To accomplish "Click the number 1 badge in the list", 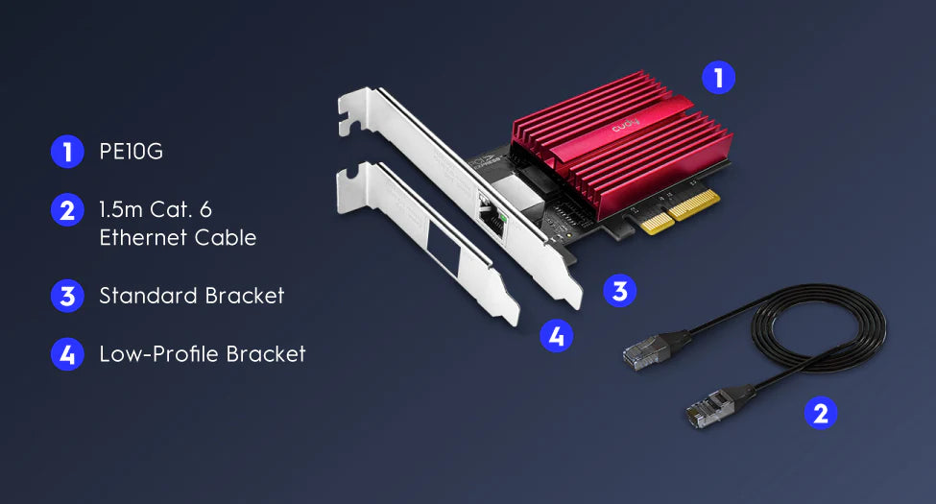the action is [x=67, y=152].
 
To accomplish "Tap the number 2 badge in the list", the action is [x=67, y=209].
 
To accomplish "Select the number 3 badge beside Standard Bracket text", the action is [x=67, y=297].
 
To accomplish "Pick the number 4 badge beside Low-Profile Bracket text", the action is [x=67, y=354].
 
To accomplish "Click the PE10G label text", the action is [x=131, y=152].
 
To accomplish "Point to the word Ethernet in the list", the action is [x=143, y=238].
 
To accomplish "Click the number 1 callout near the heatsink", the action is [x=718, y=78].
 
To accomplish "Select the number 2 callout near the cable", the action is [x=821, y=413].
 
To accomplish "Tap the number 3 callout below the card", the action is [x=619, y=291].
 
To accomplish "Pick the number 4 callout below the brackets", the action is [x=557, y=336].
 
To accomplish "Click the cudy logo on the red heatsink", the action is [x=625, y=126].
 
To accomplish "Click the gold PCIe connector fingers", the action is [x=680, y=212].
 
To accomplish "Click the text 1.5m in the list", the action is [x=121, y=209].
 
